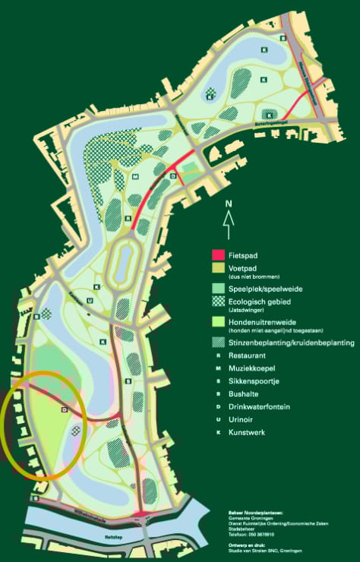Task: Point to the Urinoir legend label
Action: point(241,420)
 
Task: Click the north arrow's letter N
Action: point(227,204)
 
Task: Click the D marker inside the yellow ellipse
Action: point(65,410)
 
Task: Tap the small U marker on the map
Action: point(90,301)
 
